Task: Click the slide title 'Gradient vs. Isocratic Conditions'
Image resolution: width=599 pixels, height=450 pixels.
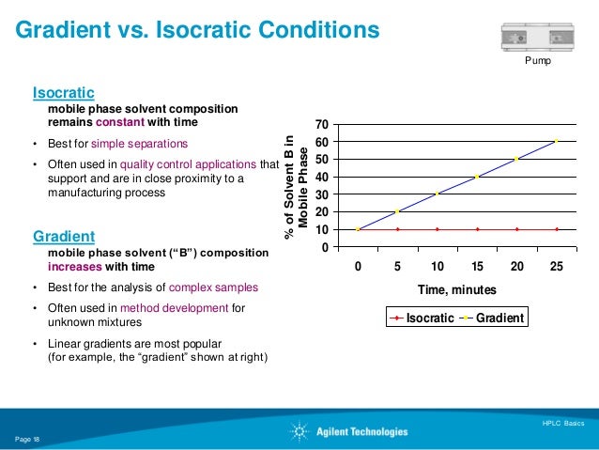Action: point(196,31)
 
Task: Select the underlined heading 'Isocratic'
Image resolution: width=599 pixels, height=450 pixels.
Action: point(64,93)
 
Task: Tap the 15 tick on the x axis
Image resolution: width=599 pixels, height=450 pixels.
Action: point(477,266)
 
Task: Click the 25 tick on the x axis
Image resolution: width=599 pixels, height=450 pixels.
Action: point(557,266)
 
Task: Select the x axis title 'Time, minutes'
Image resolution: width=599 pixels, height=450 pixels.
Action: point(457,290)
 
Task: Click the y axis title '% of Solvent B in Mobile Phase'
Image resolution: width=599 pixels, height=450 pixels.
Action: point(296,185)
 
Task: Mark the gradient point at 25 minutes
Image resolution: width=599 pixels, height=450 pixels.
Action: point(557,141)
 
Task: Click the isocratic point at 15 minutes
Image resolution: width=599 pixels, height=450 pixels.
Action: point(477,229)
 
